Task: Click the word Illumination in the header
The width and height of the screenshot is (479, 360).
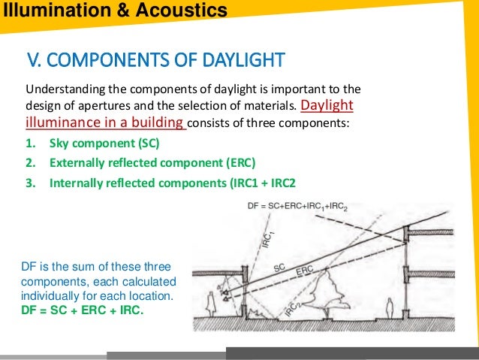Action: (57, 11)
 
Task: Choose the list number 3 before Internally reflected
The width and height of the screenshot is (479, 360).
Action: (30, 182)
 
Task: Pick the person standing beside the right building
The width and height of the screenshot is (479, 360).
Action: (389, 309)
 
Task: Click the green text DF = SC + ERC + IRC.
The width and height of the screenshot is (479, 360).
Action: (84, 309)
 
